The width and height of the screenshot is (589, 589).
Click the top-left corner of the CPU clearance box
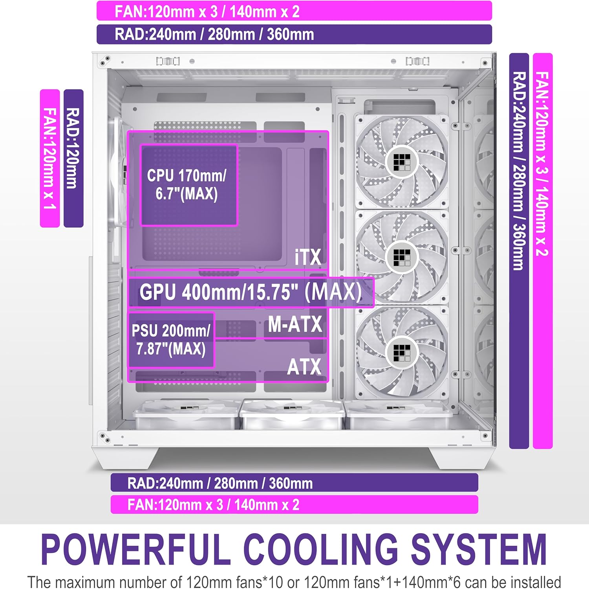tap(141, 145)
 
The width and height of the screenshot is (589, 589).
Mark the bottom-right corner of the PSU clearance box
tap(214, 367)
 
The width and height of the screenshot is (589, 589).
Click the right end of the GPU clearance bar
tap(374, 292)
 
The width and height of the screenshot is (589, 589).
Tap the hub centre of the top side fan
tap(402, 162)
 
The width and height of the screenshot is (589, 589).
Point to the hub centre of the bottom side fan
tap(402, 353)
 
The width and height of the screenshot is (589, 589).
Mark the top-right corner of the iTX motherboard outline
tap(328, 131)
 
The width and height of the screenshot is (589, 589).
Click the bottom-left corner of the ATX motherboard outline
tap(128, 381)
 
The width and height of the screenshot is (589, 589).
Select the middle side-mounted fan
tap(402, 258)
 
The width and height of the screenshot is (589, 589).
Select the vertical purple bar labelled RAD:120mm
tap(73, 158)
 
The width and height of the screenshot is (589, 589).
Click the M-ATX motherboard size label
tap(295, 324)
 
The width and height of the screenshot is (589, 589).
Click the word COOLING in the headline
tap(320, 549)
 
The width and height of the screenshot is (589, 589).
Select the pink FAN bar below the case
tap(294, 504)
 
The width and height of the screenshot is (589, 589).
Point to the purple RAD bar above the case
tap(294, 34)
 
